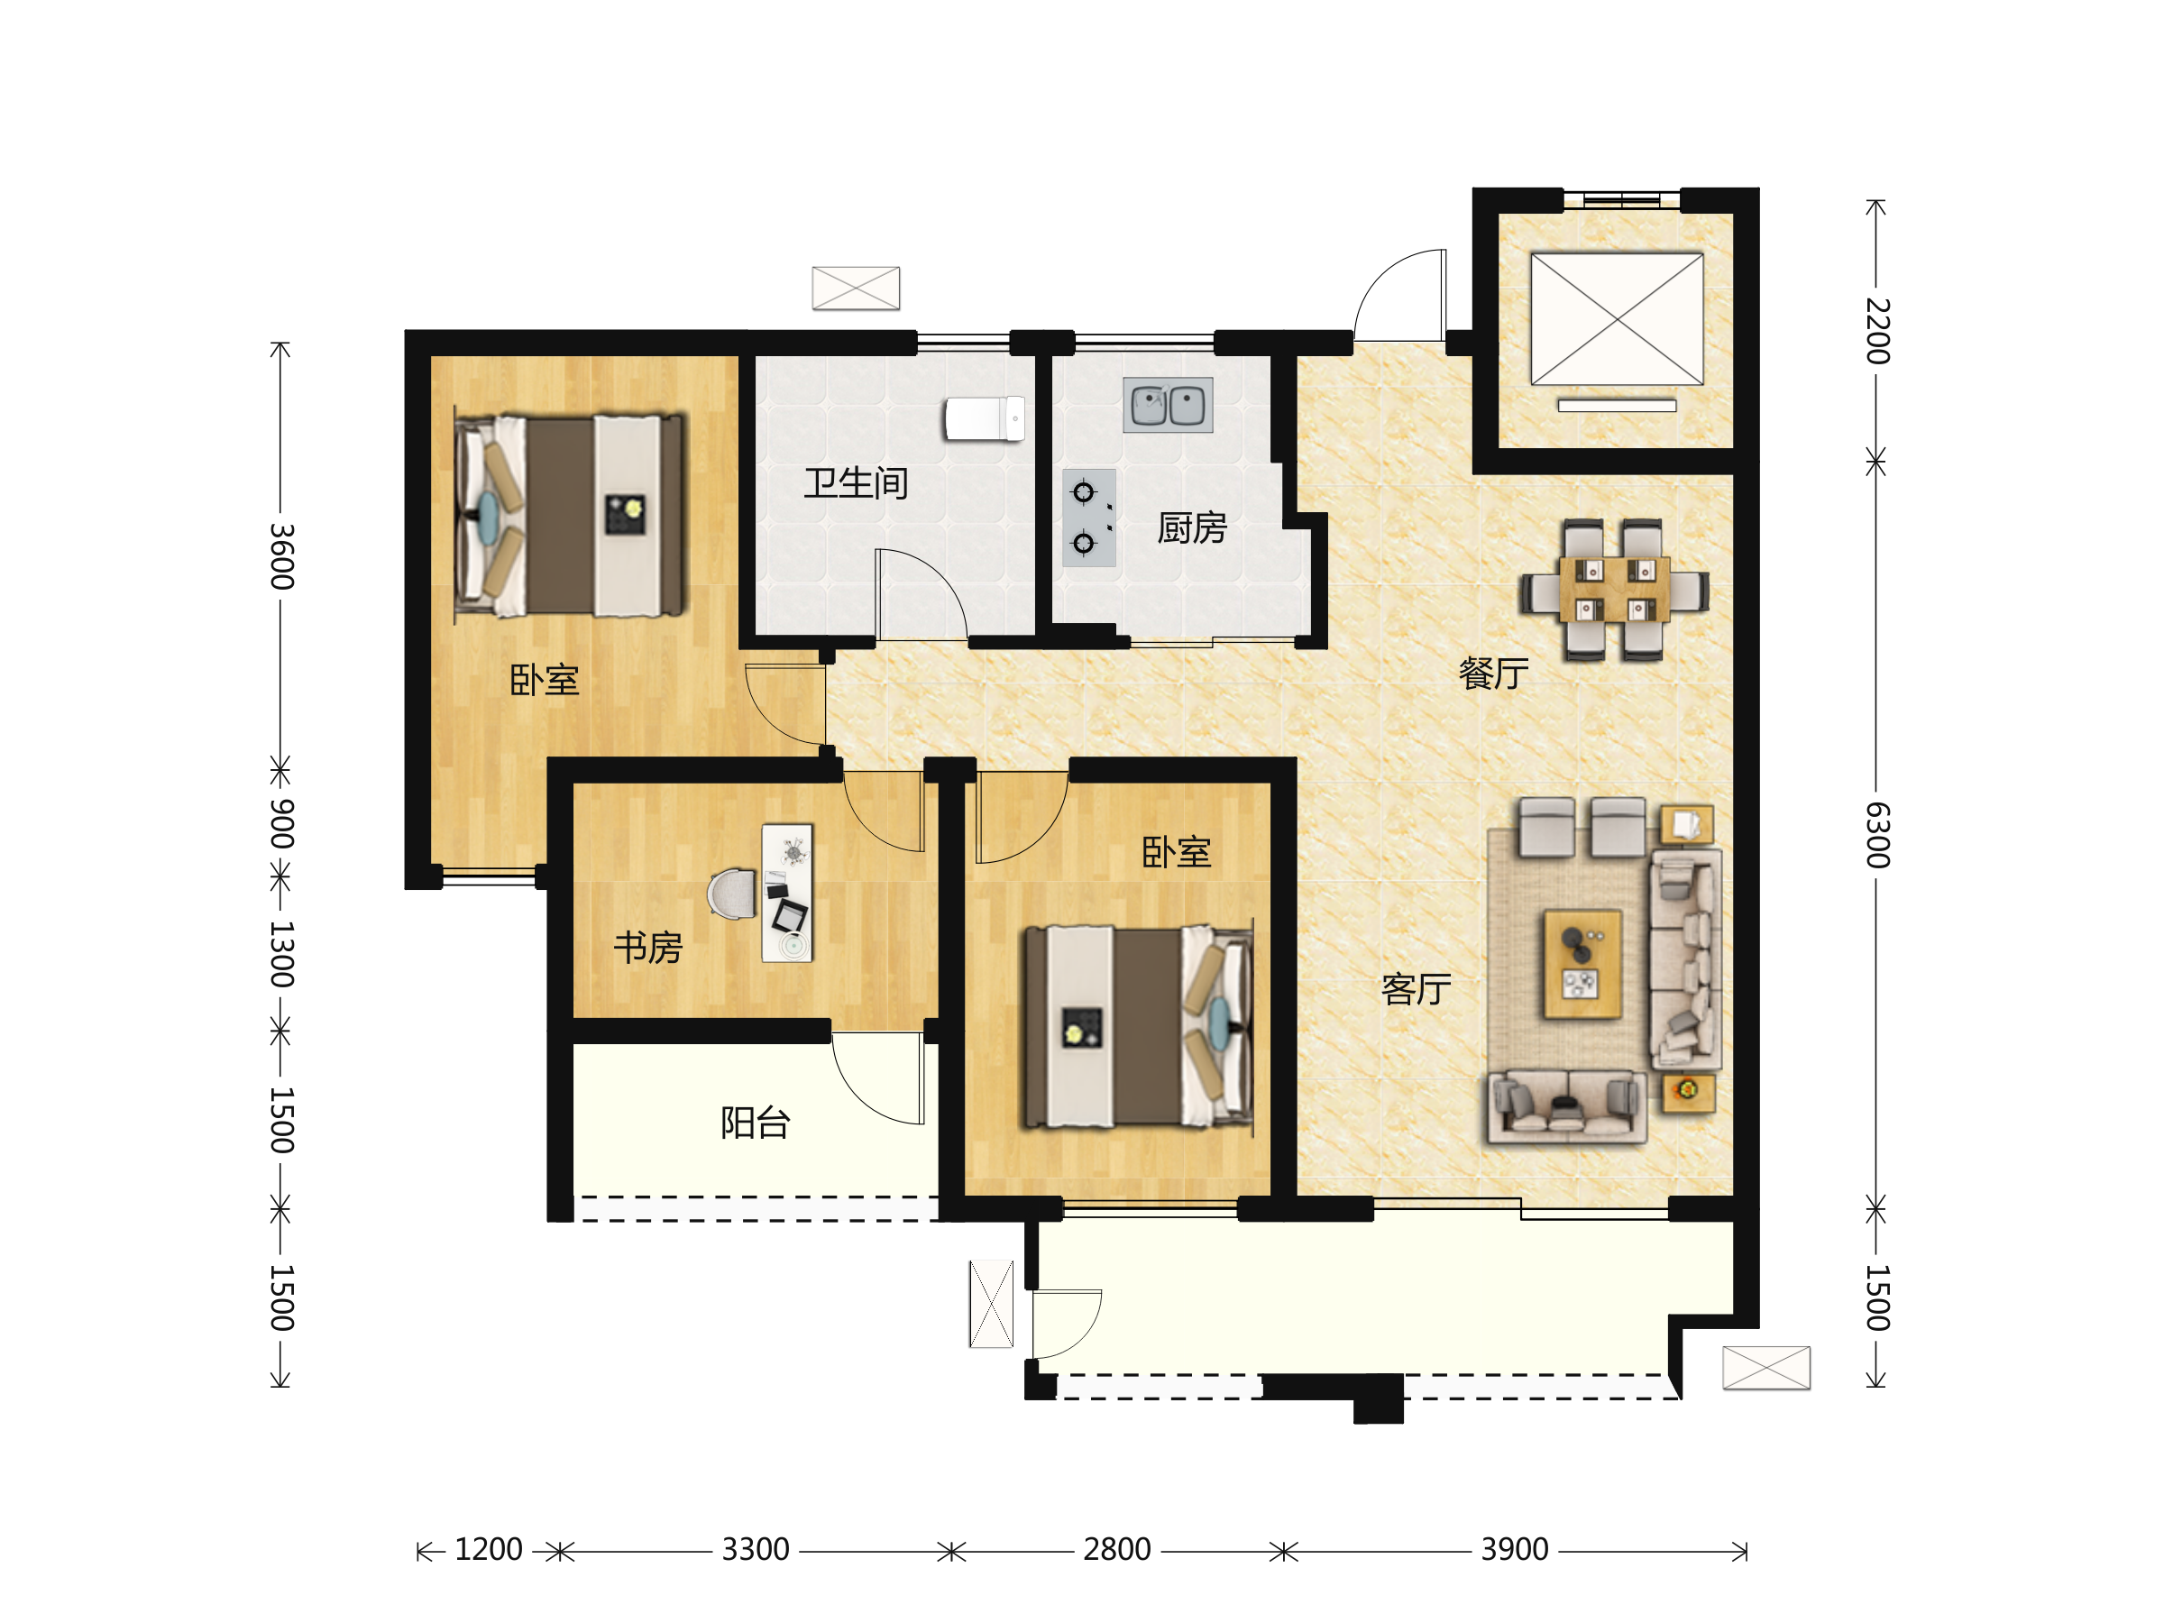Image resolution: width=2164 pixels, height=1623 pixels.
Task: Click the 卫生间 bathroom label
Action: point(856,483)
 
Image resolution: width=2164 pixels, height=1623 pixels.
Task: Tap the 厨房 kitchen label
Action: point(1192,528)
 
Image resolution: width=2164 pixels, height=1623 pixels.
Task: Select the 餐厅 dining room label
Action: point(1493,673)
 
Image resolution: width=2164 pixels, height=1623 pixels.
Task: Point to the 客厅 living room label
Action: point(1416,990)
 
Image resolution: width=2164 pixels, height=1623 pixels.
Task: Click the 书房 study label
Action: point(647,948)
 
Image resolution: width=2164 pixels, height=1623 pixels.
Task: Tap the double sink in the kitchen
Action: point(1168,405)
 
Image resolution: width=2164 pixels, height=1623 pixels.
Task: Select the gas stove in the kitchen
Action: point(1089,518)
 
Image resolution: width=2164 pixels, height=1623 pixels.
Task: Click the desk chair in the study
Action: point(732,894)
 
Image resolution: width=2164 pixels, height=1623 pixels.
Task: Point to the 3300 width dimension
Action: point(756,1550)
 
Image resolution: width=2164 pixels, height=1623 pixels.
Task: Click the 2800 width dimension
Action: point(1116,1550)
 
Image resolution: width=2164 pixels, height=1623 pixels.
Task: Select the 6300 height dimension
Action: point(1877,836)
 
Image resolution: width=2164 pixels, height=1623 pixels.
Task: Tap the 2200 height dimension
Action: point(1877,332)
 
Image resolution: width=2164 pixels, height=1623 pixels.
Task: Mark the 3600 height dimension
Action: point(281,556)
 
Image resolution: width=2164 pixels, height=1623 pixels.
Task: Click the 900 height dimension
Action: point(281,822)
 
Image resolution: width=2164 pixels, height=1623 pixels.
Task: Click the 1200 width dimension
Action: point(488,1550)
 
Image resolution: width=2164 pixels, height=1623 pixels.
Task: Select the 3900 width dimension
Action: point(1515,1550)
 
